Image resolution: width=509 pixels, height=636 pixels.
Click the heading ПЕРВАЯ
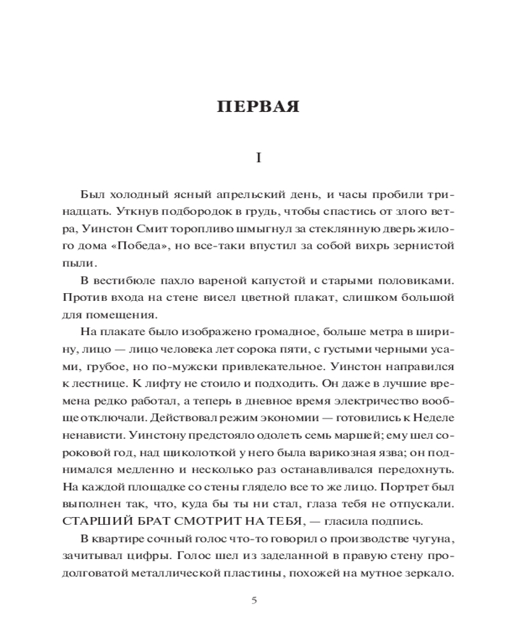click(x=258, y=106)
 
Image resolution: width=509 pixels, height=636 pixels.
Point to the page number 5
click(x=254, y=600)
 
